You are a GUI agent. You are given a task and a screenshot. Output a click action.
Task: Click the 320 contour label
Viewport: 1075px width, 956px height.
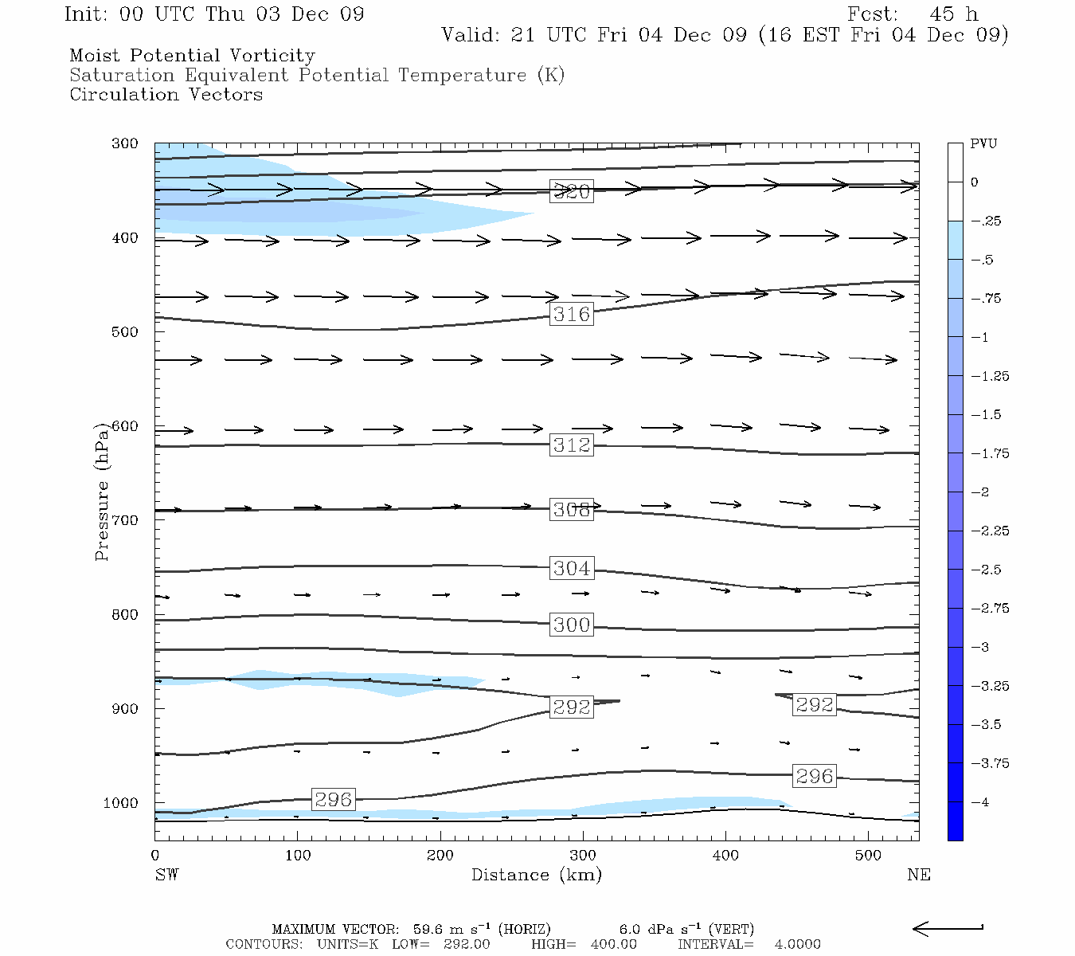click(572, 191)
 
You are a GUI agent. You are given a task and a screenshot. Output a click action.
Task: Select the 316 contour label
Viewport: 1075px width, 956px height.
click(572, 314)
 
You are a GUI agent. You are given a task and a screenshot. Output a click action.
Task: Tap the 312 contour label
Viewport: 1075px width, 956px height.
click(572, 445)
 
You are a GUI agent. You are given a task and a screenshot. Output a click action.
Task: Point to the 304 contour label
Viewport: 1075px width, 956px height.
click(572, 568)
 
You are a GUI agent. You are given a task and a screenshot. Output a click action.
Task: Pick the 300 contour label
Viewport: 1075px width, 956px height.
click(572, 625)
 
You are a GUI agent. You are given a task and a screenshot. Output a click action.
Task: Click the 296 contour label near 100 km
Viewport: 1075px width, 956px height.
click(333, 799)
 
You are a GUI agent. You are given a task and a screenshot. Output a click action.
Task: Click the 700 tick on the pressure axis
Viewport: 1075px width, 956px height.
click(125, 520)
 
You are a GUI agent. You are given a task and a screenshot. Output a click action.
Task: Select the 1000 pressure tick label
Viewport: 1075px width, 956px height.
click(121, 803)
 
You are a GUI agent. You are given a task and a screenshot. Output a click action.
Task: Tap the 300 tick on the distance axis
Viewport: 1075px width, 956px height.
click(583, 856)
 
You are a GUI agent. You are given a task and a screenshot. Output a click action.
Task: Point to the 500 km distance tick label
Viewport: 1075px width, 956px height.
click(868, 856)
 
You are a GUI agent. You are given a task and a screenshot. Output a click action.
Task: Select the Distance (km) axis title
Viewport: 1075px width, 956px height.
click(536, 875)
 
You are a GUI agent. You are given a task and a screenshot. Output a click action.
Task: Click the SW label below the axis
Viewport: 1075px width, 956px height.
click(166, 875)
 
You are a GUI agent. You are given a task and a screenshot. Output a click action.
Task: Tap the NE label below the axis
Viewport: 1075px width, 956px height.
click(918, 875)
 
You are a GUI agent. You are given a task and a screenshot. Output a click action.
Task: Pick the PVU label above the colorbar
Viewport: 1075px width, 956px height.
click(983, 144)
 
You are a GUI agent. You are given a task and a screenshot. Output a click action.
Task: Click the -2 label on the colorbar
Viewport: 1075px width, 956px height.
click(979, 492)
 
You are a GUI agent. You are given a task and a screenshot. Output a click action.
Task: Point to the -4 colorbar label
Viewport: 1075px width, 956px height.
click(979, 802)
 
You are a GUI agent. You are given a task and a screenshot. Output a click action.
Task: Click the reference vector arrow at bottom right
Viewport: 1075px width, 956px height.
click(948, 928)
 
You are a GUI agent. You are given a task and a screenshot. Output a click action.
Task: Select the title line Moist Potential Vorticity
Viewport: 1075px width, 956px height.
click(192, 56)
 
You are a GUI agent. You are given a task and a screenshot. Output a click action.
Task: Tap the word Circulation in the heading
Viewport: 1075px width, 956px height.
click(125, 94)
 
